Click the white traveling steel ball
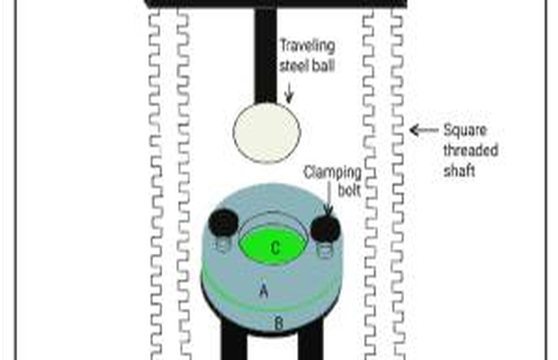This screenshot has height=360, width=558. [x=265, y=133]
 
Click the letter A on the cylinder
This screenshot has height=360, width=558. [x=264, y=291]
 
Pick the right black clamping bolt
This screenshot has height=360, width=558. [x=325, y=229]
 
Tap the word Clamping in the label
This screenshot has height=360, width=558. [x=331, y=170]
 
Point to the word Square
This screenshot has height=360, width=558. [x=462, y=129]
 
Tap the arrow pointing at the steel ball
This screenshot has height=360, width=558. [x=288, y=91]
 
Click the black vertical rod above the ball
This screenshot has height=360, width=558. [x=265, y=54]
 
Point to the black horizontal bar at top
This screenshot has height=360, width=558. [x=270, y=3]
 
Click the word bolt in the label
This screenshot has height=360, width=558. [x=347, y=190]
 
